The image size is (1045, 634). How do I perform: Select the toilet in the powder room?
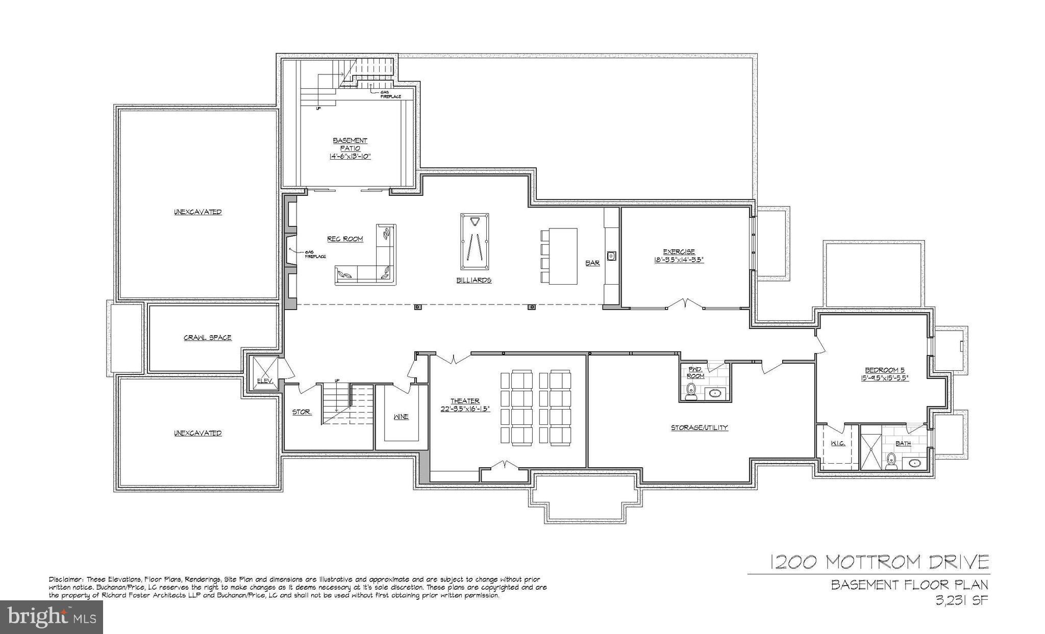[x=691, y=391]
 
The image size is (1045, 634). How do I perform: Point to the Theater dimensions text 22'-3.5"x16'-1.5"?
[x=465, y=409]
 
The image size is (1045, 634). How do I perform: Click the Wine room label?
[x=401, y=417]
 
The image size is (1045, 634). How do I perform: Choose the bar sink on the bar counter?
[x=611, y=255]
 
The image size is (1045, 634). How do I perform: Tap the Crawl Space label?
[x=207, y=338]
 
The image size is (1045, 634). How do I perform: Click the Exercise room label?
[x=679, y=251]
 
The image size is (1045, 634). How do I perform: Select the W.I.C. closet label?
[x=838, y=443]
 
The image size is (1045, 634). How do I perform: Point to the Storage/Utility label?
[x=699, y=427]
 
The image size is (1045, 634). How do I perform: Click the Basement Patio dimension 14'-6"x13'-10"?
[x=350, y=157]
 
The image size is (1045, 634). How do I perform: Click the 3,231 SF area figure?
[x=961, y=600]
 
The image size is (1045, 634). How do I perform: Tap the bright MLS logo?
[x=52, y=617]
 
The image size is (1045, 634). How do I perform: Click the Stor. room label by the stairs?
[x=302, y=412]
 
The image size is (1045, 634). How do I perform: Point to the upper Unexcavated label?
[x=197, y=212]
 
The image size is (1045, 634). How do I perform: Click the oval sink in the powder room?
[x=715, y=393]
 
